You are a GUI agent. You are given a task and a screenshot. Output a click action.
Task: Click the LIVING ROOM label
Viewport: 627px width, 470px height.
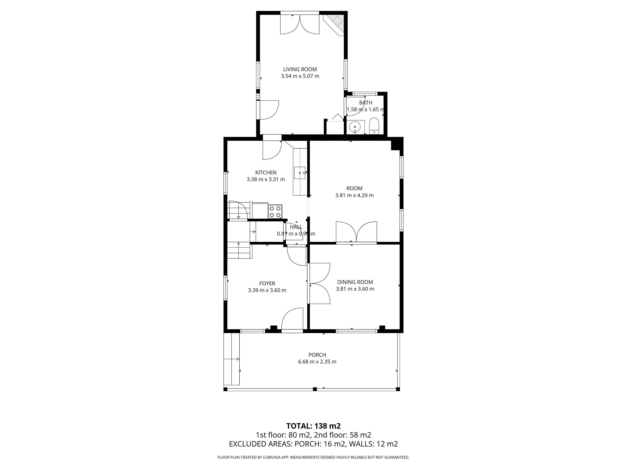click(300, 69)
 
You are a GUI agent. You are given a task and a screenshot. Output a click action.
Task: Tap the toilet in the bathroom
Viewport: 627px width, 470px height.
click(374, 126)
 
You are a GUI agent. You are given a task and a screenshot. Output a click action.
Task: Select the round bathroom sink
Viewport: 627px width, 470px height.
click(355, 127)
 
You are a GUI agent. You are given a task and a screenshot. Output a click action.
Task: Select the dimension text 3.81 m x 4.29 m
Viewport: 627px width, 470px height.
click(354, 195)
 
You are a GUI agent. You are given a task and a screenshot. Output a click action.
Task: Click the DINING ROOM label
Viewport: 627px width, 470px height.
click(355, 282)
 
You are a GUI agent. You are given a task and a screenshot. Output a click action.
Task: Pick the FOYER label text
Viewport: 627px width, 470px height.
click(267, 283)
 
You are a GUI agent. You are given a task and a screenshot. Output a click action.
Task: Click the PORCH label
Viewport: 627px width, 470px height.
click(317, 355)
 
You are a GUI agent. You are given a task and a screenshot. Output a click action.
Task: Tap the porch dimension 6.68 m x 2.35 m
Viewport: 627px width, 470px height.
click(317, 361)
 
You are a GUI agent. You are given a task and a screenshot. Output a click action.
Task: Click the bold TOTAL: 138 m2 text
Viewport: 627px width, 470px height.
click(313, 434)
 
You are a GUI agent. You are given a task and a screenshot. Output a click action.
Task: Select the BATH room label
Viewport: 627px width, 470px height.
click(366, 102)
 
